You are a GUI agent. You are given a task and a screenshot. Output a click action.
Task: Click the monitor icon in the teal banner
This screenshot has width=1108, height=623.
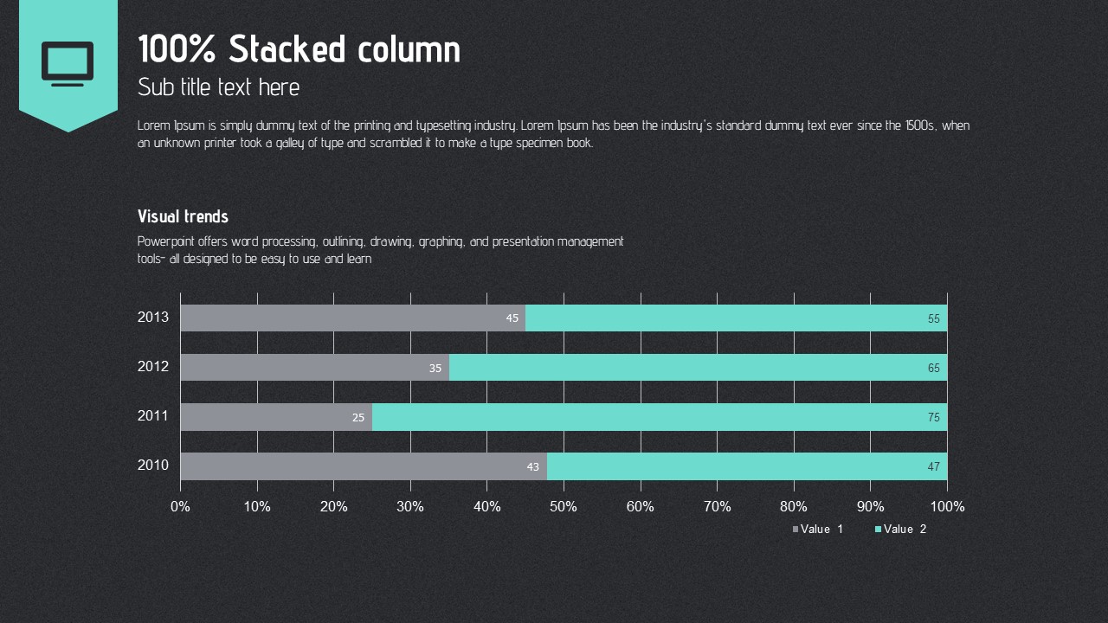pyautogui.click(x=68, y=64)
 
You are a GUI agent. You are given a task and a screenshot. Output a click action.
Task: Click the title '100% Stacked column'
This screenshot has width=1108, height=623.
pyautogui.click(x=299, y=49)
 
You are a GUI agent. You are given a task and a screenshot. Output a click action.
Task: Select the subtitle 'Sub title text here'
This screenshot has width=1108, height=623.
pyautogui.click(x=218, y=87)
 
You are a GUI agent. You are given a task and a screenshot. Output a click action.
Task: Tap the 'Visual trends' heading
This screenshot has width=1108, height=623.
pyautogui.click(x=183, y=216)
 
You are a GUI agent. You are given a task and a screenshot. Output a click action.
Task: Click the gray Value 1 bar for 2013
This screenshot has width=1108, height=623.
pyautogui.click(x=346, y=318)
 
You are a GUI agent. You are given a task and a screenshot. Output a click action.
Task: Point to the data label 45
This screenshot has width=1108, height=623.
pyautogui.click(x=512, y=318)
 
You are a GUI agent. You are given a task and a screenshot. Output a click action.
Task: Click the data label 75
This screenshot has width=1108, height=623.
pyautogui.click(x=934, y=417)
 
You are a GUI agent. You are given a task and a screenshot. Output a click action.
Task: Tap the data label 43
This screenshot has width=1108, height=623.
pyautogui.click(x=533, y=467)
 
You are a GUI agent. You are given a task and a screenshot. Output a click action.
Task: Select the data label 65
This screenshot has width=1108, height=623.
pyautogui.click(x=934, y=368)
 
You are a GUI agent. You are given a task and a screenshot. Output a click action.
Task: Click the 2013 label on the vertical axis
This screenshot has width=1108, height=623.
pyautogui.click(x=153, y=318)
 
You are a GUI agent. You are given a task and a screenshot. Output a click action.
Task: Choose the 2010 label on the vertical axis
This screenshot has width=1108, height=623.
pyautogui.click(x=153, y=466)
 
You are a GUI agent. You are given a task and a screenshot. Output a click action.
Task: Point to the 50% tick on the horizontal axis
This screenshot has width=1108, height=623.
pyautogui.click(x=564, y=507)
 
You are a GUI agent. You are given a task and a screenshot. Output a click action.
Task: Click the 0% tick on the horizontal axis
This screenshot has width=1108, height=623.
pyautogui.click(x=180, y=507)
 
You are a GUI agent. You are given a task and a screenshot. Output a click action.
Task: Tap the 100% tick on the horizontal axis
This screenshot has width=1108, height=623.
pyautogui.click(x=947, y=507)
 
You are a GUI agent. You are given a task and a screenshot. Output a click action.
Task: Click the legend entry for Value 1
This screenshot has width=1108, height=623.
pyautogui.click(x=818, y=529)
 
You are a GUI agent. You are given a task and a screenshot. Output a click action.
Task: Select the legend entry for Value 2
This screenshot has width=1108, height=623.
pyautogui.click(x=901, y=529)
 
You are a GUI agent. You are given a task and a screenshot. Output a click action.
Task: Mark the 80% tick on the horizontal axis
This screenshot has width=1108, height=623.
pyautogui.click(x=794, y=507)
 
